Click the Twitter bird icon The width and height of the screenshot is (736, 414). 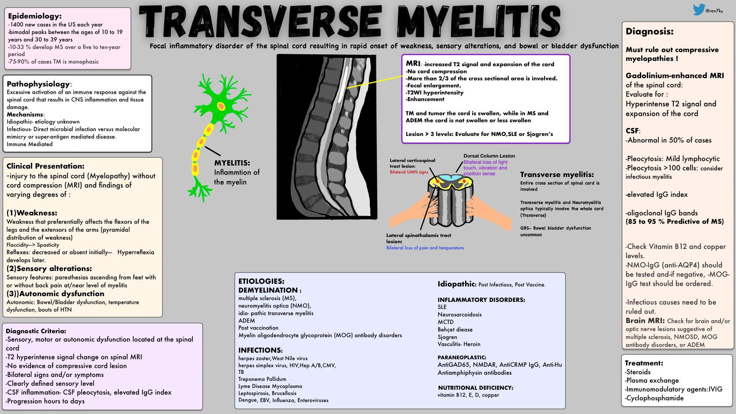pos(698,9)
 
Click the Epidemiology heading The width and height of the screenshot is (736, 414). pos(35,16)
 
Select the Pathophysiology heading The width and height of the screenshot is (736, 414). pos(38,84)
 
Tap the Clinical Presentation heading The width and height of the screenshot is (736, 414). pos(45,166)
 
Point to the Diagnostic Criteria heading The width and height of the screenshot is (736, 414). pos(36,331)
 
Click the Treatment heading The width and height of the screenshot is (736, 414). pos(644,363)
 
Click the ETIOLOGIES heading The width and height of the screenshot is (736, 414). pos(261,281)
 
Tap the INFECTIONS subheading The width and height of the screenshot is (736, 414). pos(260,350)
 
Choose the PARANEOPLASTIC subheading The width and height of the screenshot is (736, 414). pos(462,358)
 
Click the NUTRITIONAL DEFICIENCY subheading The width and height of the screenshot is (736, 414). pos(475,388)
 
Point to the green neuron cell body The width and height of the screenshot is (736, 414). pos(221,106)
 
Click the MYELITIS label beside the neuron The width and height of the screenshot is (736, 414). pos(232,163)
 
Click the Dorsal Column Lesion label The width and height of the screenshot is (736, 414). pos(489,156)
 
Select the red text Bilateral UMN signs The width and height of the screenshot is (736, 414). pos(409,172)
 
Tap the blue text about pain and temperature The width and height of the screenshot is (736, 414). pos(425,248)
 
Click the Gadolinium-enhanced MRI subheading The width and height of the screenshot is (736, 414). pos(675,75)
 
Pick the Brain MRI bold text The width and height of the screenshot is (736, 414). pos(645,321)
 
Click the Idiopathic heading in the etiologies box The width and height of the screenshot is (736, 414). pos(456,284)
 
